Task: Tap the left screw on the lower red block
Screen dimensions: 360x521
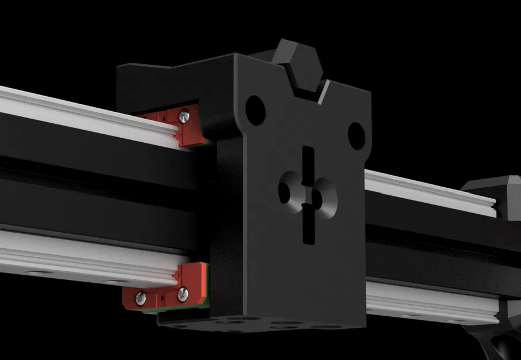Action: pyautogui.click(x=140, y=298)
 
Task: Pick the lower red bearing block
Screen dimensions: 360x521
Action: pyautogui.click(x=164, y=288)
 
